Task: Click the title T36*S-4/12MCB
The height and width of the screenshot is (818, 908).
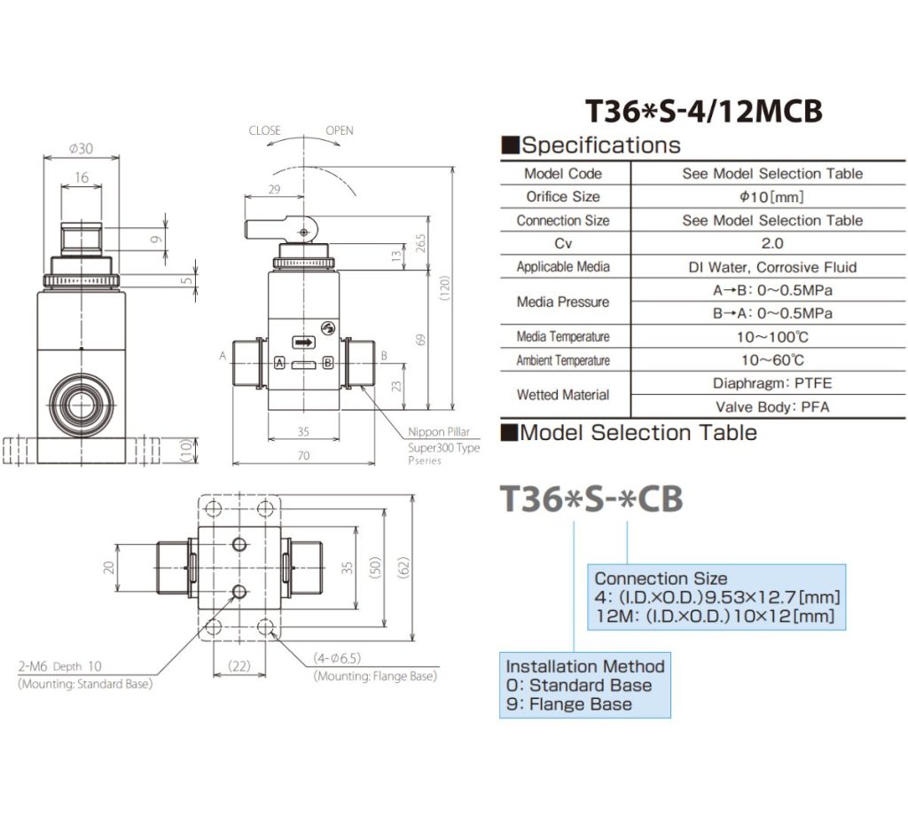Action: pos(704,111)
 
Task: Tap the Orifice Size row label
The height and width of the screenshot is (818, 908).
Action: pos(563,197)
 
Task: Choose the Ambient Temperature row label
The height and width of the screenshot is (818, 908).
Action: pos(563,360)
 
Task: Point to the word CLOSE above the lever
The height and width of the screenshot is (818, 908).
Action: pos(264,130)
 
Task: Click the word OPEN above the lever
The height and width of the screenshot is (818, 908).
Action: pos(339,130)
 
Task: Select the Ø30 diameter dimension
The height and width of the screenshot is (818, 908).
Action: pos(81,148)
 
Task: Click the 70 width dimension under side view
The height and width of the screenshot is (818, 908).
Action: pos(303,456)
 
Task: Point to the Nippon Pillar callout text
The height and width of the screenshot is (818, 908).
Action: pos(439,432)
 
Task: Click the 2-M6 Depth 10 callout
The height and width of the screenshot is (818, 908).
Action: pos(59,666)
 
